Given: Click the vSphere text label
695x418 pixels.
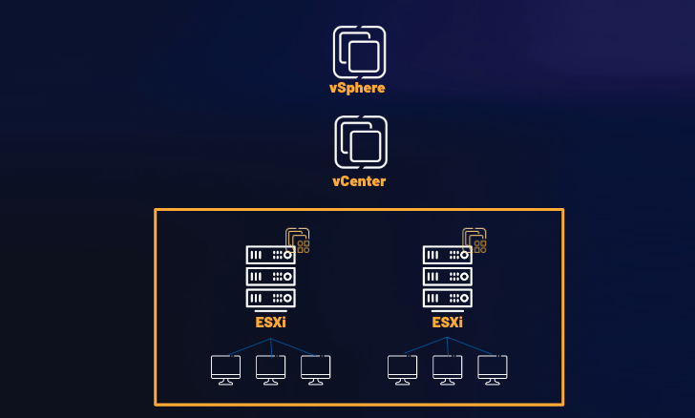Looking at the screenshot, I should point(359,89).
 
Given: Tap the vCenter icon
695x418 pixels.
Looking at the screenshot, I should point(361,140).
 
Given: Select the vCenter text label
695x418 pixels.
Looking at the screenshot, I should point(359,180).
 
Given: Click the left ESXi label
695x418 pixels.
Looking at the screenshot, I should point(270,322).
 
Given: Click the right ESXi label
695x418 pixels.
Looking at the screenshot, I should point(447,322).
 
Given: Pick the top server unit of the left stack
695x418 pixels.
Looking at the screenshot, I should point(270,255).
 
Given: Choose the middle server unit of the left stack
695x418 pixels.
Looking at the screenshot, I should point(270,276).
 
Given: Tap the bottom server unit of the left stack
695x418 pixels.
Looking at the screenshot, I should point(270,298).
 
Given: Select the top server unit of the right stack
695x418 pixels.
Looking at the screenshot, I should point(447,255).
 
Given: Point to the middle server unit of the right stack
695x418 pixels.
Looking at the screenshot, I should point(447,276).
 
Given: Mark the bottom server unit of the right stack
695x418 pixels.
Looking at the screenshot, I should point(447,298).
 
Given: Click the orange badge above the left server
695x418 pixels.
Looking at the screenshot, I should point(299,240).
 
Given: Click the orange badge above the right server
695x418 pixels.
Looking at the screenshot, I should point(475,240).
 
